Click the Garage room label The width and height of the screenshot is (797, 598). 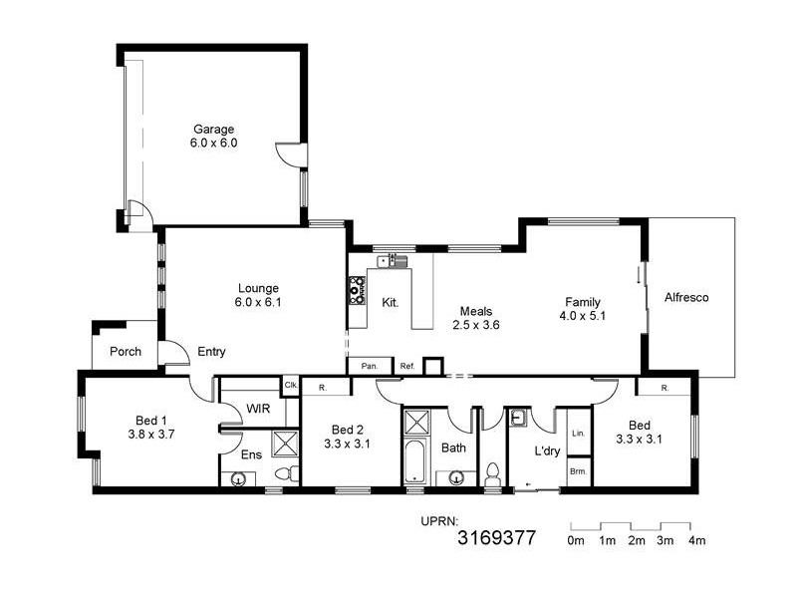coord(213,136)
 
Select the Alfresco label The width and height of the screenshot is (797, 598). coord(686,297)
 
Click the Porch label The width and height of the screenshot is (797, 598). coord(126,352)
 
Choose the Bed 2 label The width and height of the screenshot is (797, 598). coord(346,437)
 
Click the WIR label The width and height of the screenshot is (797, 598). coord(258,409)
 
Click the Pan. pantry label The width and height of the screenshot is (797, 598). coord(370,367)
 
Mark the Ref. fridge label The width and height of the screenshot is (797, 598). coord(406,367)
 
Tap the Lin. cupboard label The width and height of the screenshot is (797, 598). coord(578,435)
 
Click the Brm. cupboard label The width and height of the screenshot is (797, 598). coord(578,470)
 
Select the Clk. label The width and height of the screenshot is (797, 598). coord(291,385)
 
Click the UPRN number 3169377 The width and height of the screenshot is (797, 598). coord(496,539)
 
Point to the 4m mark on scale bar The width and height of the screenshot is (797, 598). coord(695,541)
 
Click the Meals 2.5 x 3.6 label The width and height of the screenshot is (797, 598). coord(475,318)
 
